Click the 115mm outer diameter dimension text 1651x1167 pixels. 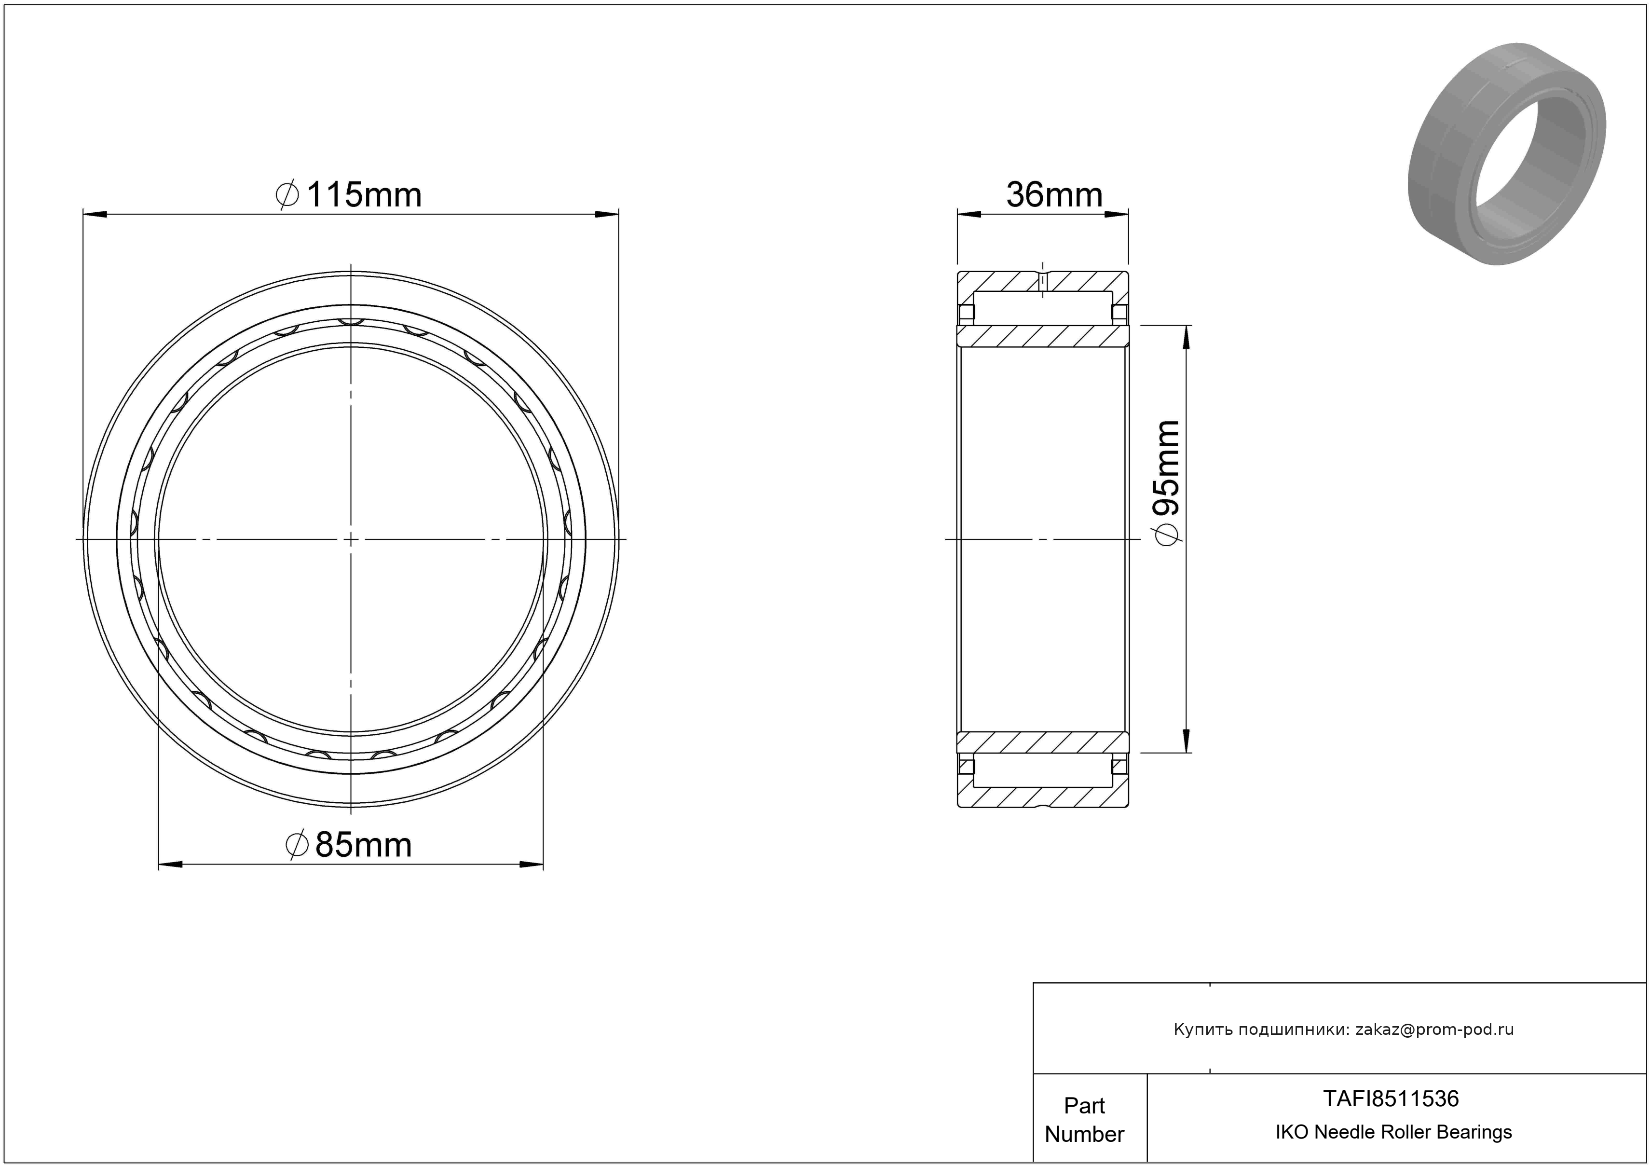[364, 195]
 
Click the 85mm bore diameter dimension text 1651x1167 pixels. [364, 845]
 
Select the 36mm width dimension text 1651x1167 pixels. [1054, 195]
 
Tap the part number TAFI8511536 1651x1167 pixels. [1392, 1098]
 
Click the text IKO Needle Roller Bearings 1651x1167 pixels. [1393, 1132]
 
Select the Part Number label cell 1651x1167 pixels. [1084, 1120]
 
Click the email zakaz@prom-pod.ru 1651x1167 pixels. [1434, 1030]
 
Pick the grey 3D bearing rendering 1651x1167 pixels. [1506, 153]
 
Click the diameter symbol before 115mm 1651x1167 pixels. [287, 195]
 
